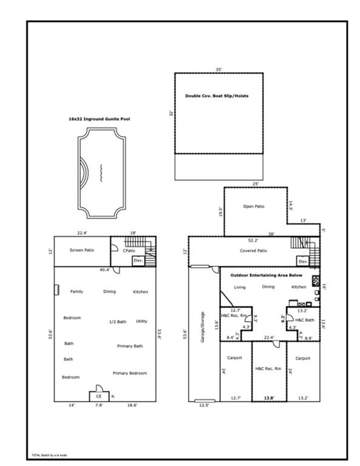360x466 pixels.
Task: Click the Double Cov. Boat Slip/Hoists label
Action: point(216,96)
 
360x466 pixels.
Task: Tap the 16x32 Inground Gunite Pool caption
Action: point(99,120)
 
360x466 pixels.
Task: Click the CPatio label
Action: point(129,251)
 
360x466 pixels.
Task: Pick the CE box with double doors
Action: point(98,395)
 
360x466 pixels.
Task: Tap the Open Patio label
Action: point(254,207)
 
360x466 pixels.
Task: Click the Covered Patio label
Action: point(253,251)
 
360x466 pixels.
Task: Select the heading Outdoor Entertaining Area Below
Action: point(266,275)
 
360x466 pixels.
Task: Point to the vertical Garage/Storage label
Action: point(202,333)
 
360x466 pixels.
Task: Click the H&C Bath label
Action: point(304,320)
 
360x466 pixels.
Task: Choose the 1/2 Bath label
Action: point(117,322)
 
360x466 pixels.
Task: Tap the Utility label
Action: point(141,322)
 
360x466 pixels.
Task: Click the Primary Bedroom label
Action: point(129,373)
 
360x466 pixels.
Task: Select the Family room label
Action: point(76,292)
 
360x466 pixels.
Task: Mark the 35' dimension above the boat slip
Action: point(219,70)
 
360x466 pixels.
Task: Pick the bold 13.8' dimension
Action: point(268,398)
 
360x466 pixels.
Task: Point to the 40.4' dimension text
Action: point(104,270)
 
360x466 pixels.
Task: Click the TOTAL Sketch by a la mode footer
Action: point(49,454)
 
